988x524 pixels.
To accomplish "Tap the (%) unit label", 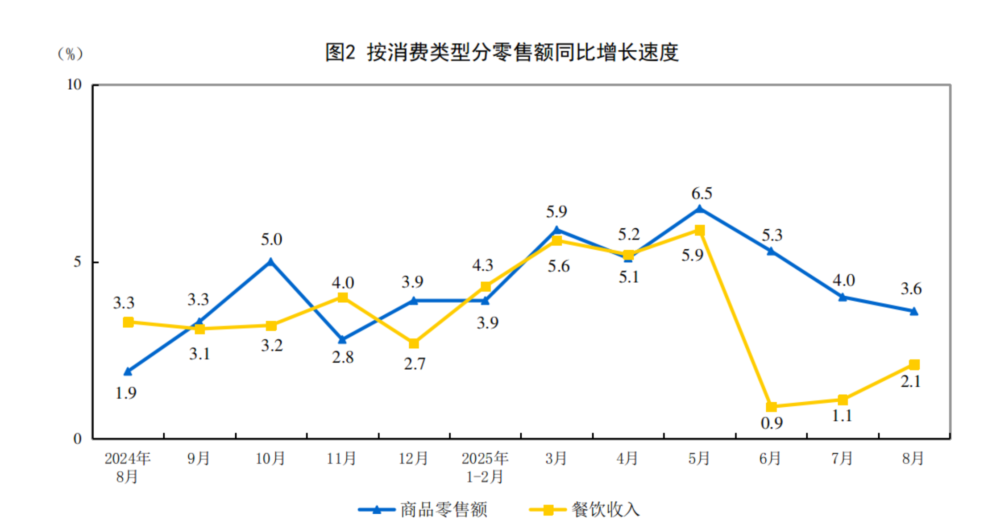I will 71,54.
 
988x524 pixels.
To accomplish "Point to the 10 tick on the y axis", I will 75,85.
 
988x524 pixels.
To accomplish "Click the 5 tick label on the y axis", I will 78,262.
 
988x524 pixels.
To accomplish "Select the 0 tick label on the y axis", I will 78,439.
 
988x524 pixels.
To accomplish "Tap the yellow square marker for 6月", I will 771,407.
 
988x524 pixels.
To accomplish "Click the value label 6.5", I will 702,194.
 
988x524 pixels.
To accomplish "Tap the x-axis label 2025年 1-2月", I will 485,467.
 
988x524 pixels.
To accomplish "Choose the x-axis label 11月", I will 341,458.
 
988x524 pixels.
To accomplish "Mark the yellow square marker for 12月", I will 414,343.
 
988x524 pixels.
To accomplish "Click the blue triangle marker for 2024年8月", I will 128,371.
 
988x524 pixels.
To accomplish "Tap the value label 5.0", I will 271,240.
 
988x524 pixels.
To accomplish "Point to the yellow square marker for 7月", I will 843,400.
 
